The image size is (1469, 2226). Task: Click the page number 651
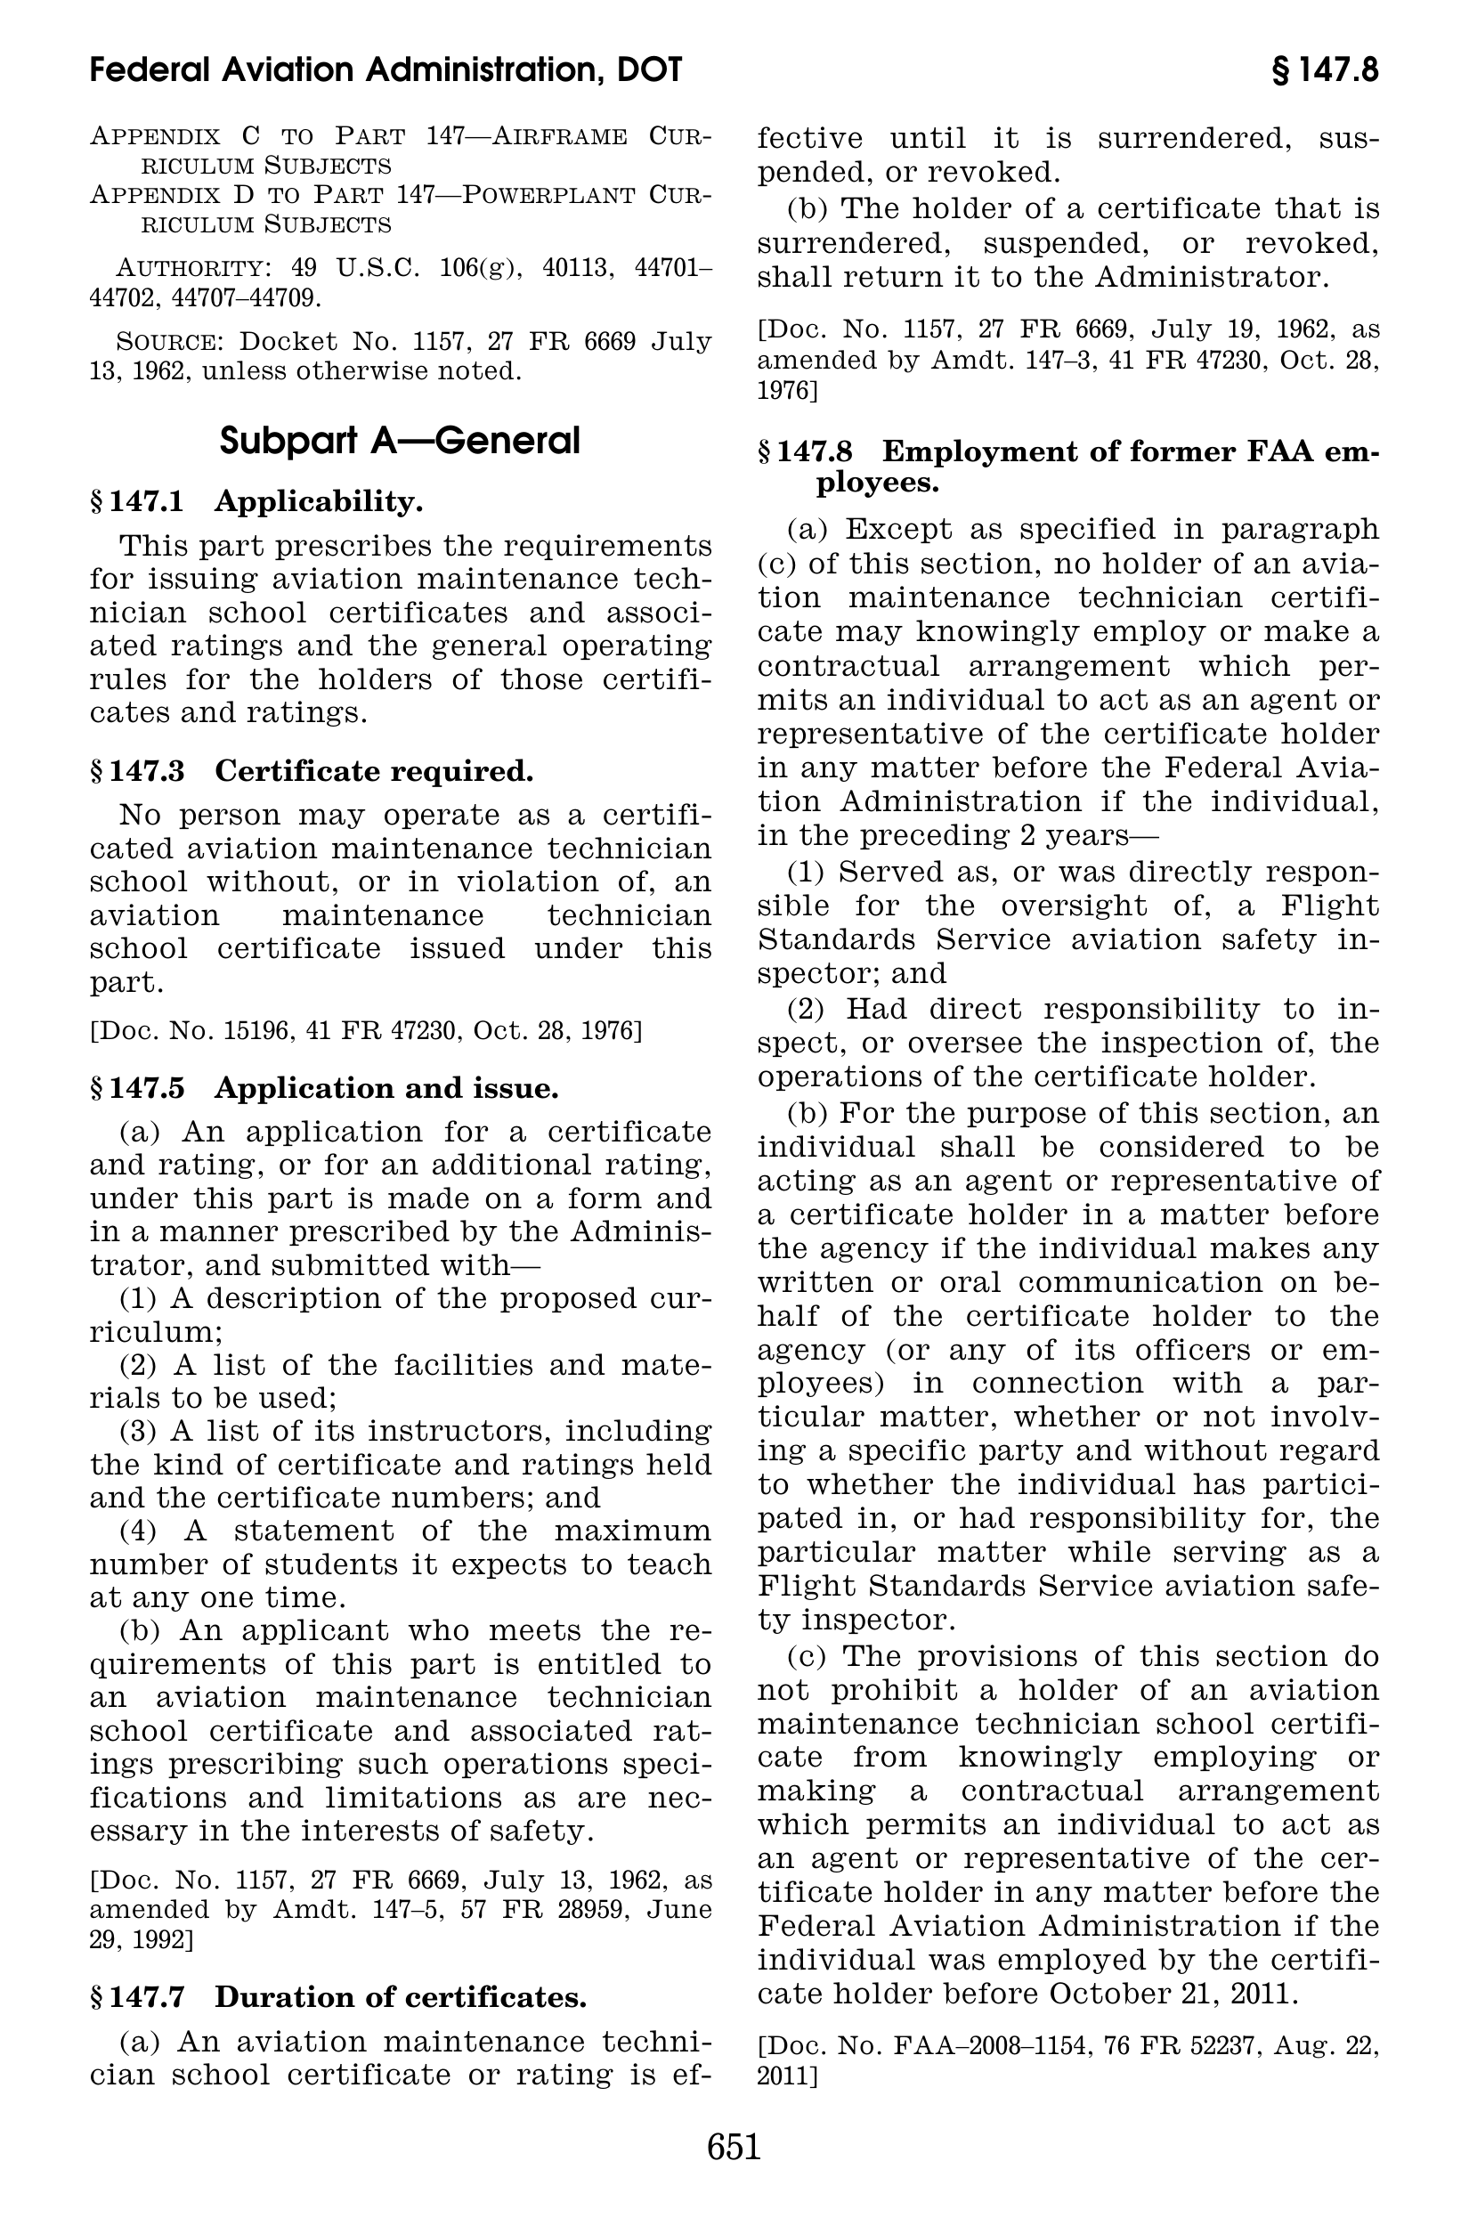click(x=734, y=2147)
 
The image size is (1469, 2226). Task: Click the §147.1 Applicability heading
click(x=256, y=502)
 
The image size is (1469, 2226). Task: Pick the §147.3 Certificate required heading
click(x=311, y=771)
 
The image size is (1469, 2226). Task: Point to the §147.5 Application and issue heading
click(x=324, y=1088)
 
